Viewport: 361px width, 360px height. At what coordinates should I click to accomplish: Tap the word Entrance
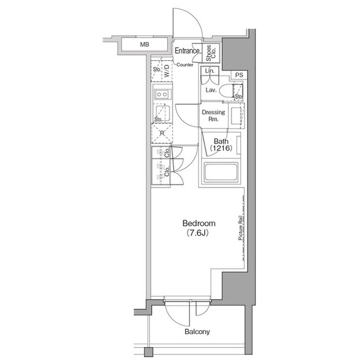coord(187,51)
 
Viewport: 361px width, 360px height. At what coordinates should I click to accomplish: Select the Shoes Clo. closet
coord(211,53)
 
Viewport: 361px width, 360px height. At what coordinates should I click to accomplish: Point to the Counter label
coord(185,65)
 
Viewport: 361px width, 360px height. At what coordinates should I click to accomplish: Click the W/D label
coord(167,71)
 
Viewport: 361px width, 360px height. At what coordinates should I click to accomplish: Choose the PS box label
coord(239,75)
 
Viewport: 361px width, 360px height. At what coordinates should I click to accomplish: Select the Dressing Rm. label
coord(213,115)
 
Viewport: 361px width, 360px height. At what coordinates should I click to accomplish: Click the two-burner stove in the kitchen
coord(162,94)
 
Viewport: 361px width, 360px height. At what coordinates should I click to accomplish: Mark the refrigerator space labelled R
coord(162,134)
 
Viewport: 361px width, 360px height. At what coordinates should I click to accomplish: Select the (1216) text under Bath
coord(221,149)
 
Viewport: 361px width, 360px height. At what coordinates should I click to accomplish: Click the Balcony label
coord(197,332)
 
